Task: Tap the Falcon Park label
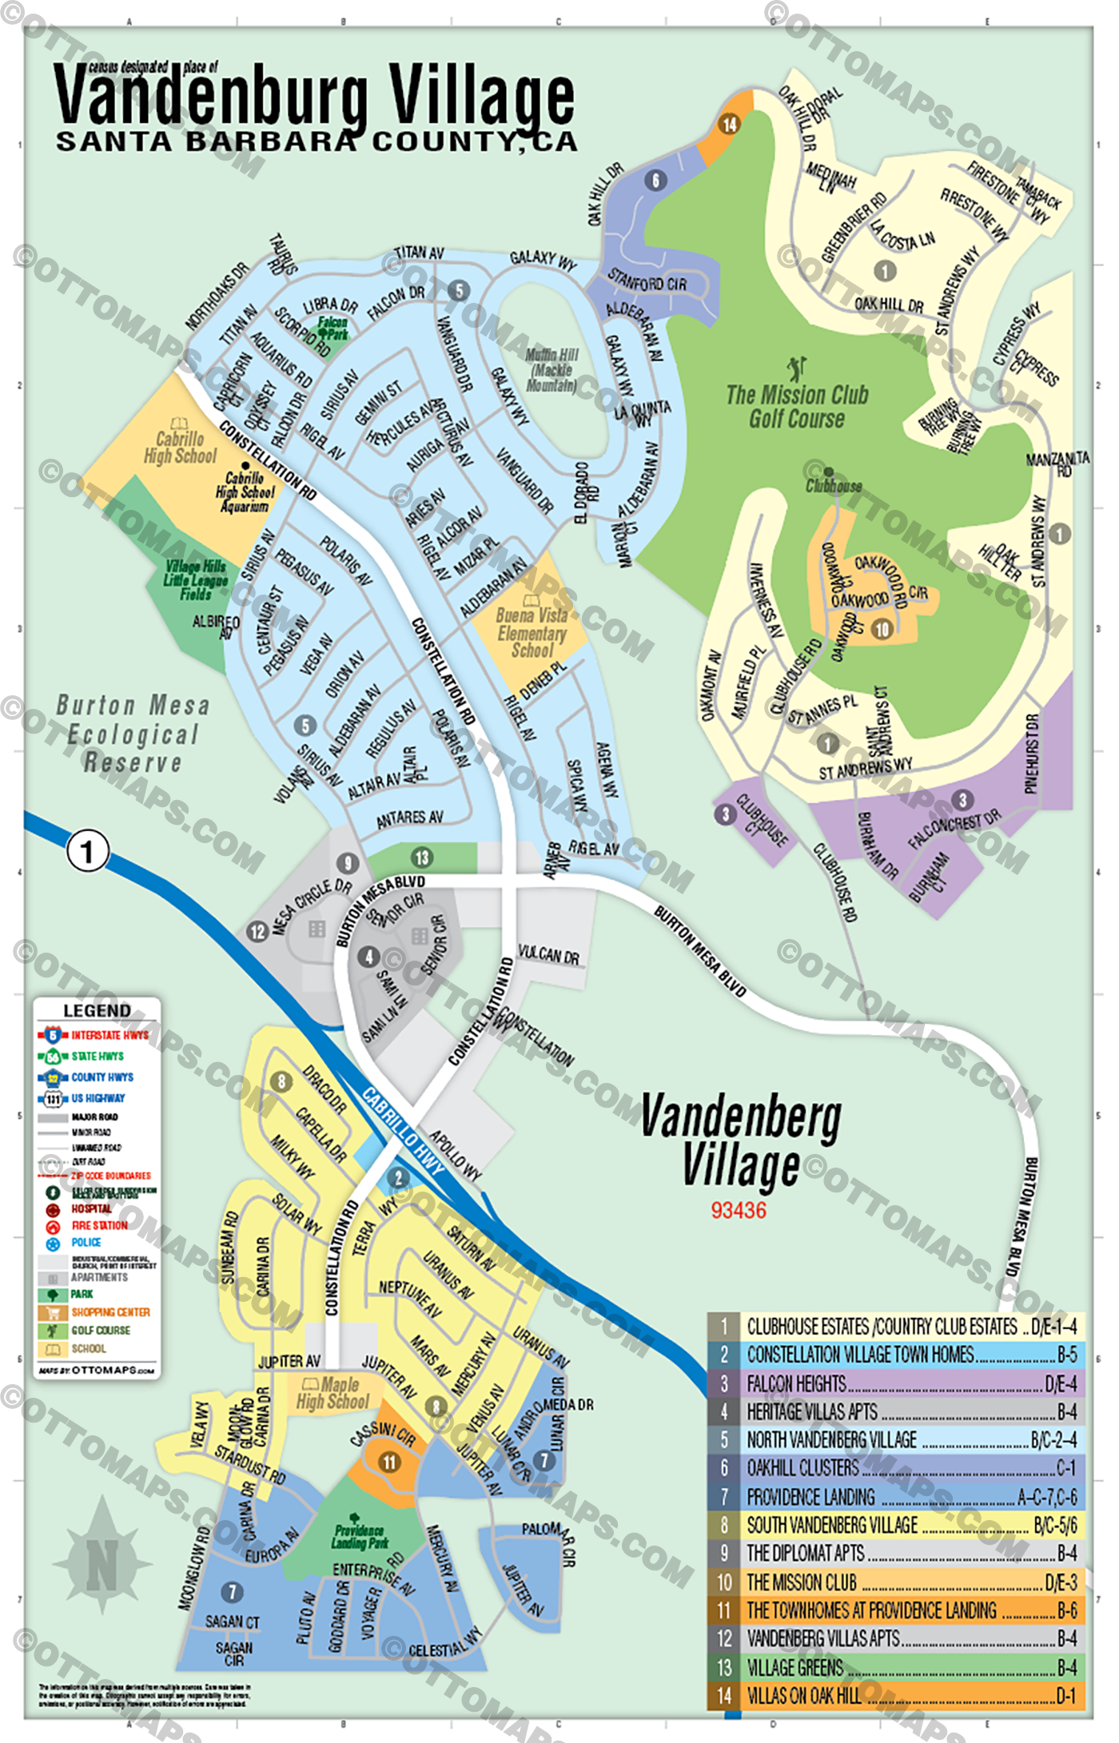coord(333,328)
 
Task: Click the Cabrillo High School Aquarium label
coord(245,491)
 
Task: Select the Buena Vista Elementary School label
coord(532,633)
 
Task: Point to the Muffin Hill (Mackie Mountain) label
coord(552,370)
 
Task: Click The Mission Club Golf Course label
coord(797,406)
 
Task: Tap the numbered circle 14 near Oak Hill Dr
coord(729,125)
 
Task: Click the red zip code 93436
coord(739,1211)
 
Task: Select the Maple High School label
coord(333,1393)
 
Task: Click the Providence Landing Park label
coord(360,1536)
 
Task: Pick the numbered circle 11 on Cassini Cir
coord(388,1462)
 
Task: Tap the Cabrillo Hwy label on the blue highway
coord(403,1131)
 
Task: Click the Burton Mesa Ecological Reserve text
coord(133,734)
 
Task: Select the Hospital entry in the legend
coord(91,1209)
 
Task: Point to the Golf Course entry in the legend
coord(101,1331)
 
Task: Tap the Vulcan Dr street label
coord(548,955)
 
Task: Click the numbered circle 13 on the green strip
coord(421,858)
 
